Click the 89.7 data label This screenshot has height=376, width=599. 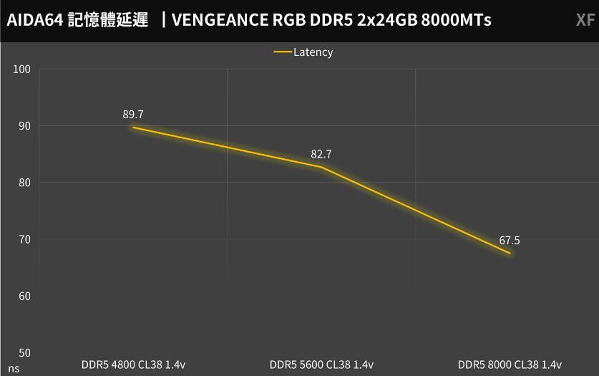click(x=133, y=114)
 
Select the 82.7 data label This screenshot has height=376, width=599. click(x=321, y=154)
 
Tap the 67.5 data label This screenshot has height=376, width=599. click(x=510, y=241)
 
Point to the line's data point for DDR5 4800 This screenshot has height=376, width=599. click(x=133, y=127)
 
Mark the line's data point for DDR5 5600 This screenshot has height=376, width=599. click(x=321, y=167)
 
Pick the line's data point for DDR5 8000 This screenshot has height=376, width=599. click(x=510, y=253)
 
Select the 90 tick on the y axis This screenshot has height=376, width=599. click(x=24, y=126)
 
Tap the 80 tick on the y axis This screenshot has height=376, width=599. click(x=24, y=183)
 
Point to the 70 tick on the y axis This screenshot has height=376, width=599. click(x=24, y=239)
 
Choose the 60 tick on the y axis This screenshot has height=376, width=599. click(x=24, y=296)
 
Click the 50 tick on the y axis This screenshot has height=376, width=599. click(x=24, y=352)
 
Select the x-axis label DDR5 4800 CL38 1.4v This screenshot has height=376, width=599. click(x=133, y=365)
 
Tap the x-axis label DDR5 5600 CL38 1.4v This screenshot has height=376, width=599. click(x=321, y=365)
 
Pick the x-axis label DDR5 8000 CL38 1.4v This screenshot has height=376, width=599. click(x=510, y=365)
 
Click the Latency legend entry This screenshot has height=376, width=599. click(x=303, y=52)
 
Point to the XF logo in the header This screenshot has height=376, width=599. click(x=585, y=20)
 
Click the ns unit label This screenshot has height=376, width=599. click(x=14, y=369)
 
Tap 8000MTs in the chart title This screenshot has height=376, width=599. click(x=455, y=20)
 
